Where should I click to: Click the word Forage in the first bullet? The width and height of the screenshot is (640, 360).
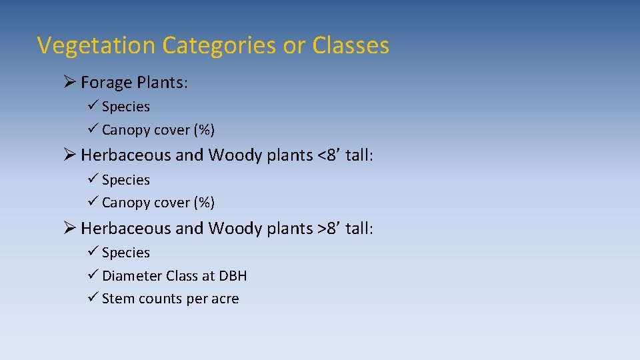(x=105, y=83)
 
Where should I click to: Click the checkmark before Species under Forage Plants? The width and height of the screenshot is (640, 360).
(x=93, y=106)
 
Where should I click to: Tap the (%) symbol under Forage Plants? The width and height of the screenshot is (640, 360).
(x=203, y=129)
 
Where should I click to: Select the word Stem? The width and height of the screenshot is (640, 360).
(x=117, y=299)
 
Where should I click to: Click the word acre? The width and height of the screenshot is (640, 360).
(x=225, y=299)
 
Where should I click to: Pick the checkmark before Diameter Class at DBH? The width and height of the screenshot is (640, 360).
(x=93, y=275)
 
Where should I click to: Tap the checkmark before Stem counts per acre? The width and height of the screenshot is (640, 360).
(x=93, y=298)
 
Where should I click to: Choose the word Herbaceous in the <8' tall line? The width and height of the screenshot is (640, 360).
(x=126, y=155)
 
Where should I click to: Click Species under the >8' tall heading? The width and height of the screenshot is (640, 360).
(x=126, y=253)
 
